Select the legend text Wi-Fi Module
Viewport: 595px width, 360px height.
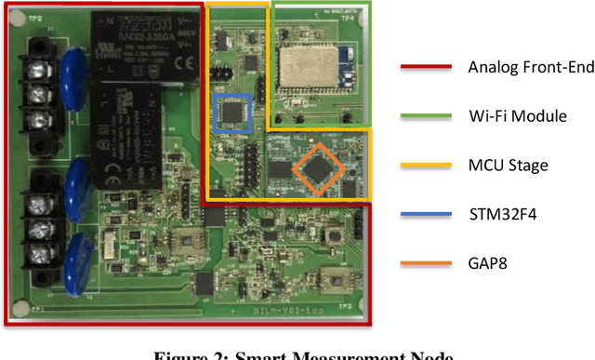[511, 117]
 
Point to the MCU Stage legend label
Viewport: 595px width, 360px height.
[508, 166]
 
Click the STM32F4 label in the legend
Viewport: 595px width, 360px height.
[503, 214]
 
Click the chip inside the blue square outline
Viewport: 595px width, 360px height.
[232, 112]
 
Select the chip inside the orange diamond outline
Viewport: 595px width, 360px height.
[317, 168]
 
